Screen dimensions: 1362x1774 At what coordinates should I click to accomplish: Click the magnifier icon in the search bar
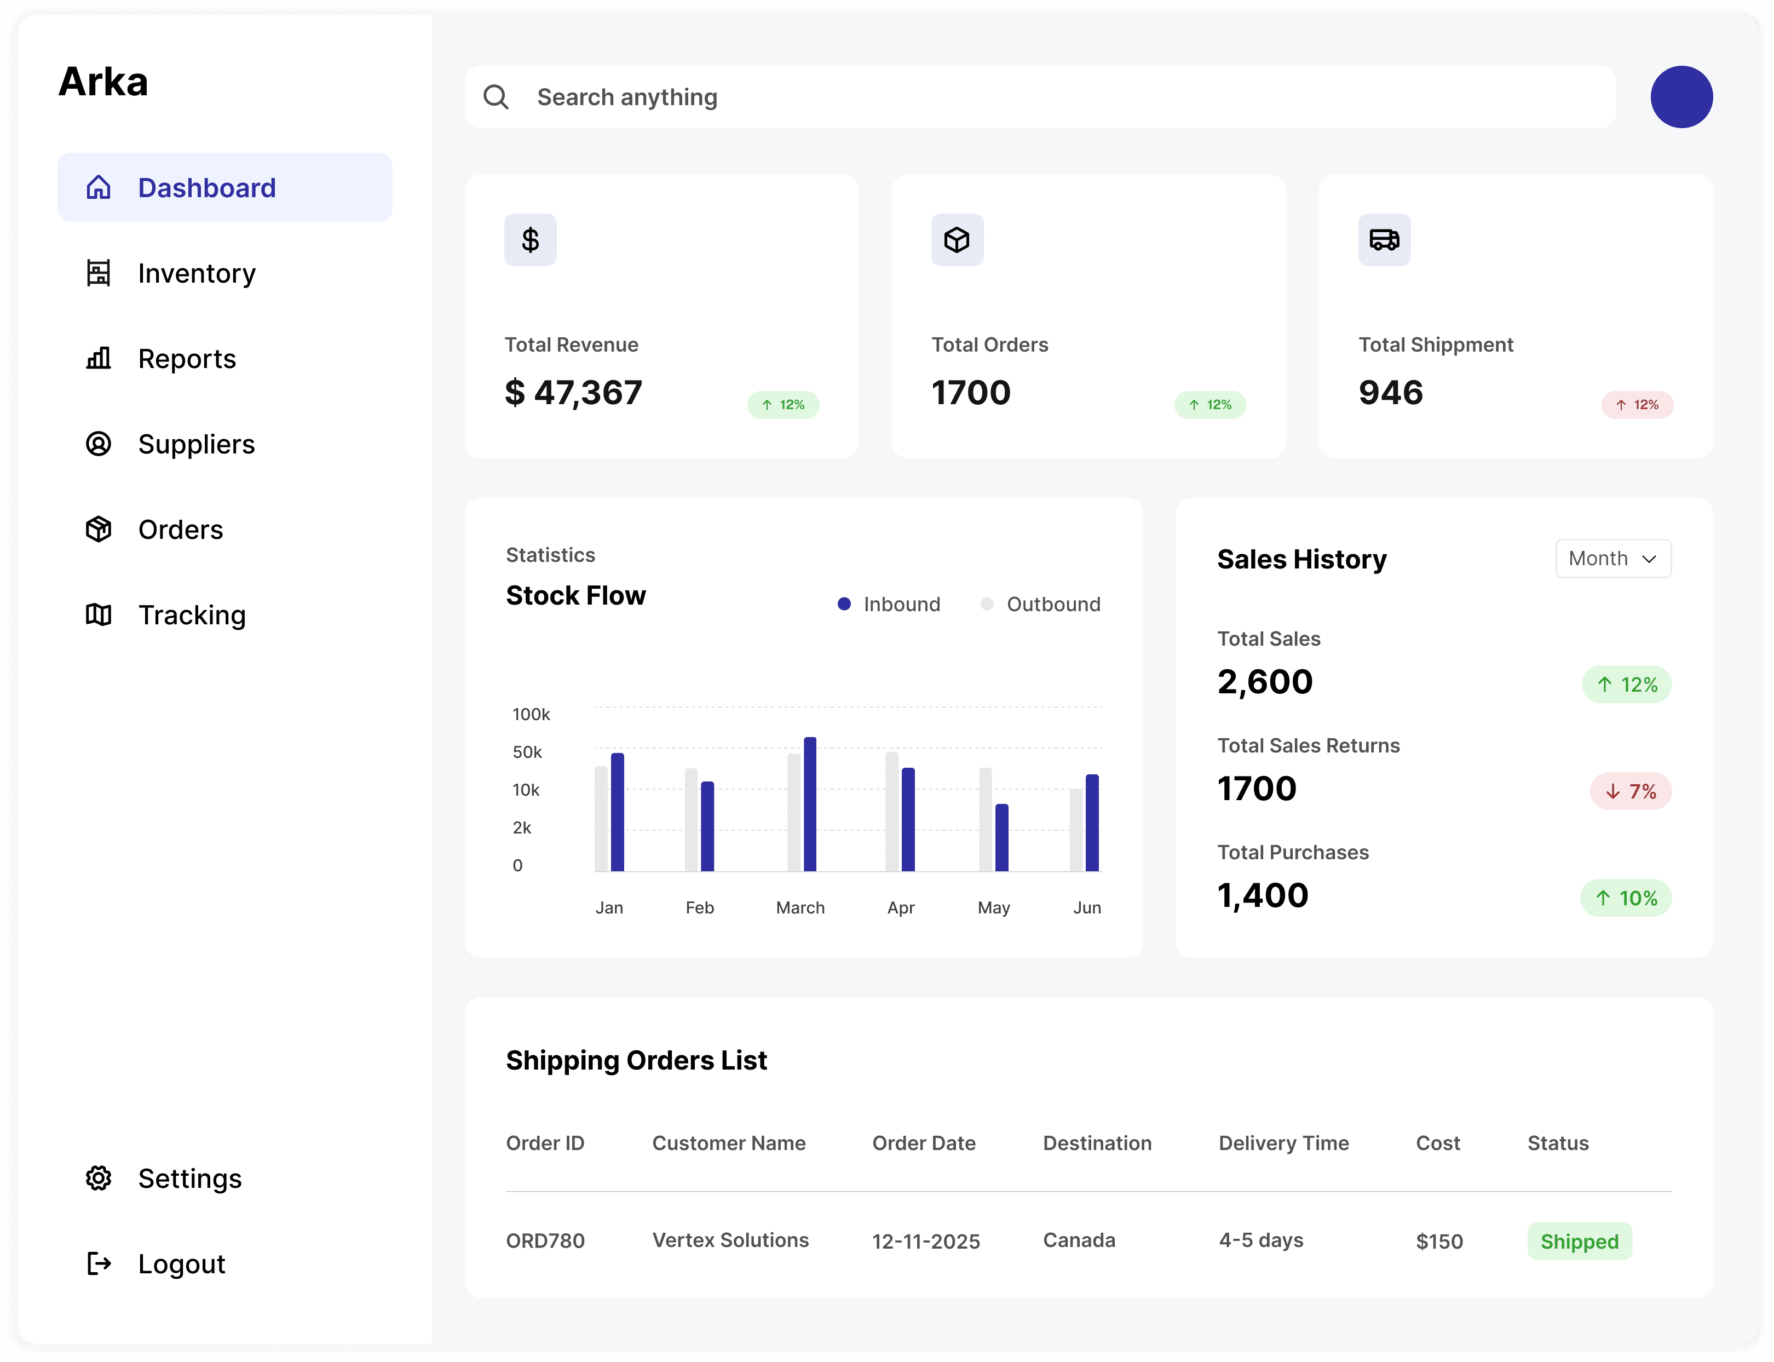496,97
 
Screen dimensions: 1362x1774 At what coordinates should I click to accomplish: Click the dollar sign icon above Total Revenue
530,240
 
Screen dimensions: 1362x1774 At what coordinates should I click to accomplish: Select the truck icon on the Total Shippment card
1384,240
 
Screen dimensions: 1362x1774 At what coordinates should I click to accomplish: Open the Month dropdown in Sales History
1612,559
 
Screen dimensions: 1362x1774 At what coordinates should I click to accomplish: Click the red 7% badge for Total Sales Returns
1630,791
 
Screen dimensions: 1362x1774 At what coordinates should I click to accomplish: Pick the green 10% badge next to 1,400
1625,898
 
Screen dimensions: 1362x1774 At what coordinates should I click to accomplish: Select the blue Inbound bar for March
810,804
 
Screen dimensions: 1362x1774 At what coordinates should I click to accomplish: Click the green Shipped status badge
1579,1241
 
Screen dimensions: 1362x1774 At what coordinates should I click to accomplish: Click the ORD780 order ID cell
545,1240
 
